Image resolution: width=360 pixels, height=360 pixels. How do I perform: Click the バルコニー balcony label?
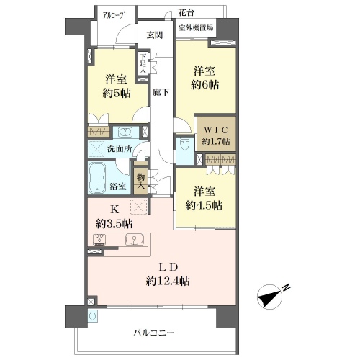pos(154,333)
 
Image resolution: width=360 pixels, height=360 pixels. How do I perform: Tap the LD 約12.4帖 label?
pos(168,274)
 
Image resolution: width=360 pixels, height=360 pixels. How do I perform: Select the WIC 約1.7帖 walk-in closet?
pos(216,134)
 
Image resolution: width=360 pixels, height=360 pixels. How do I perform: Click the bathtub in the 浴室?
pos(97,178)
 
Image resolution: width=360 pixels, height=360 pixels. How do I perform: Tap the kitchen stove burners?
pos(100,240)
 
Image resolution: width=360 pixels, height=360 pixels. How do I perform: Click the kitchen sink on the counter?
pos(135,240)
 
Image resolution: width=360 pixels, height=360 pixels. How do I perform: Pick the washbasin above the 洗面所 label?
pos(125,132)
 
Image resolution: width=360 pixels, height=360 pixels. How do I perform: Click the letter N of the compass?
pos(286,288)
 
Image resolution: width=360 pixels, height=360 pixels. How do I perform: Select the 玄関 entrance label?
pos(155,35)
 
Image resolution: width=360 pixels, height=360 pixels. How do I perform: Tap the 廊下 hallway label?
pos(161,92)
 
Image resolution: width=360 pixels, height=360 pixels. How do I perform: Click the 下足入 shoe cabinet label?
pos(143,63)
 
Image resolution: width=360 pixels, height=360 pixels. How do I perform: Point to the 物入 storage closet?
pos(140,181)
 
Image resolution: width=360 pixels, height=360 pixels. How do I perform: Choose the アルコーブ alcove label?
pos(114,15)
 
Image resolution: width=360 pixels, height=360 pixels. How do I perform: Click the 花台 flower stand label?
pos(186,12)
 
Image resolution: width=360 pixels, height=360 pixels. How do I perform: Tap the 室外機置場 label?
pos(196,28)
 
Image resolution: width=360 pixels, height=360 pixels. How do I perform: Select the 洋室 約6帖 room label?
pos(204,78)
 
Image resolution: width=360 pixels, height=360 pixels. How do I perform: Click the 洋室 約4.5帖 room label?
pos(204,199)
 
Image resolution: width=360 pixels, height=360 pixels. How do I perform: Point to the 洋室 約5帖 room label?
pos(117,86)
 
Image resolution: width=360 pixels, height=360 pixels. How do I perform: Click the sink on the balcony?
pos(93,316)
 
